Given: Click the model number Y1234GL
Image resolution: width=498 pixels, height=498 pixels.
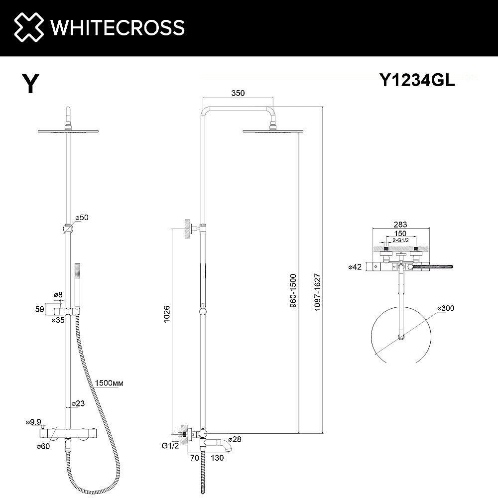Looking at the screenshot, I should [x=417, y=81].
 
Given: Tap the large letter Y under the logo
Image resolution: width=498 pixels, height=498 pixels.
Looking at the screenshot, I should [x=30, y=84].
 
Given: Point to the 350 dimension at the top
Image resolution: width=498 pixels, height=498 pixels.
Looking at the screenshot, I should [x=238, y=93].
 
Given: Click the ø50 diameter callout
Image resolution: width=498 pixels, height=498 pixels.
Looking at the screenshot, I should [x=82, y=218].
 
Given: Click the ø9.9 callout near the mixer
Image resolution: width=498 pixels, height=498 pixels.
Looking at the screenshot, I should [x=33, y=422].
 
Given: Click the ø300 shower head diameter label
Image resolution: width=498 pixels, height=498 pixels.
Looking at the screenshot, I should [x=446, y=308].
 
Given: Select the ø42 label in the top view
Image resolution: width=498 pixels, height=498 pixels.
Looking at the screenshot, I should [x=356, y=267].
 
